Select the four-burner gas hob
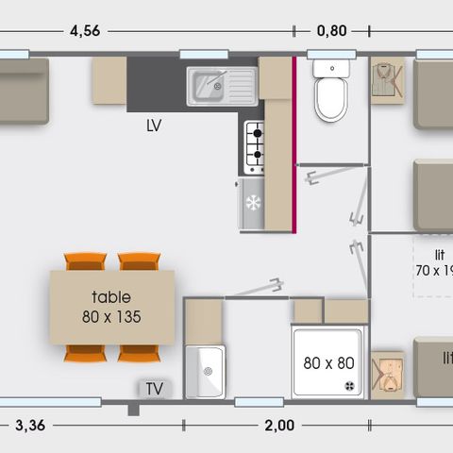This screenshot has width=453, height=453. pyautogui.click(x=255, y=146)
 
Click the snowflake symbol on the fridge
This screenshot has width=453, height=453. pyautogui.click(x=252, y=203)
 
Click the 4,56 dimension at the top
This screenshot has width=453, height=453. pyautogui.click(x=85, y=30)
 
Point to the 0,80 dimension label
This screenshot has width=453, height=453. pyautogui.click(x=331, y=30)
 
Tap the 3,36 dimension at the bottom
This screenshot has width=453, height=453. pyautogui.click(x=30, y=426)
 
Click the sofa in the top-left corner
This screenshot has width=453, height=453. pyautogui.click(x=24, y=92)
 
